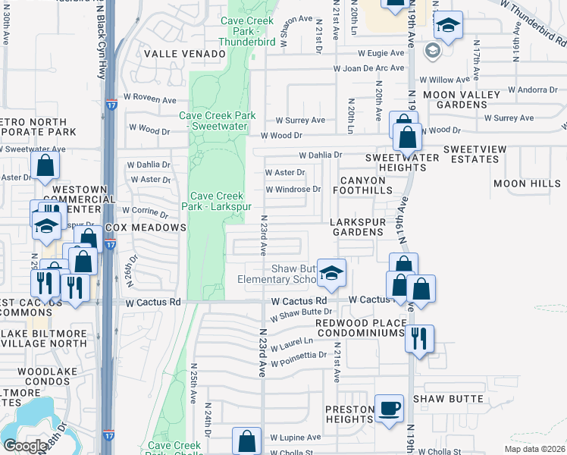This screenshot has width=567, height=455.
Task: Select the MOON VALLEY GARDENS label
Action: coord(462,99)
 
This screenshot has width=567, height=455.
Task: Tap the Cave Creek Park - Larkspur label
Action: coord(217,200)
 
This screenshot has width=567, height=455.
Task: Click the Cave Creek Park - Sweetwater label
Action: coord(218,121)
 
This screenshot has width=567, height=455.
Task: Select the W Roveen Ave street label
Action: coord(151,99)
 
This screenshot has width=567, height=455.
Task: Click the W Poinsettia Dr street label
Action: coord(301,355)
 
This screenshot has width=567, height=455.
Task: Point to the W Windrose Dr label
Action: coord(292,189)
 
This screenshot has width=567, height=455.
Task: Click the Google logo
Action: coord(24,446)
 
